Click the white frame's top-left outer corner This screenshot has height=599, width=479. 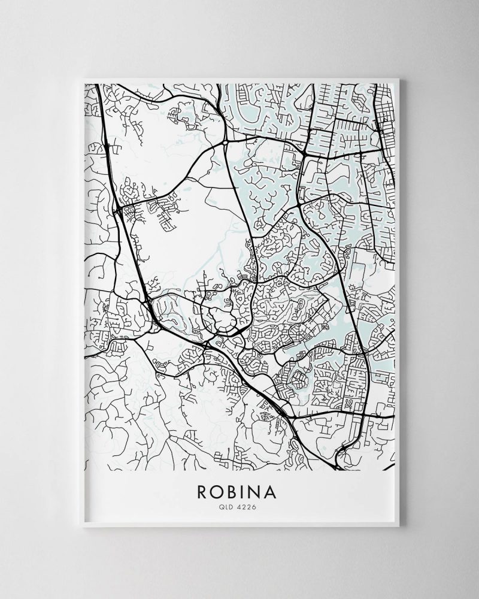[82, 77]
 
